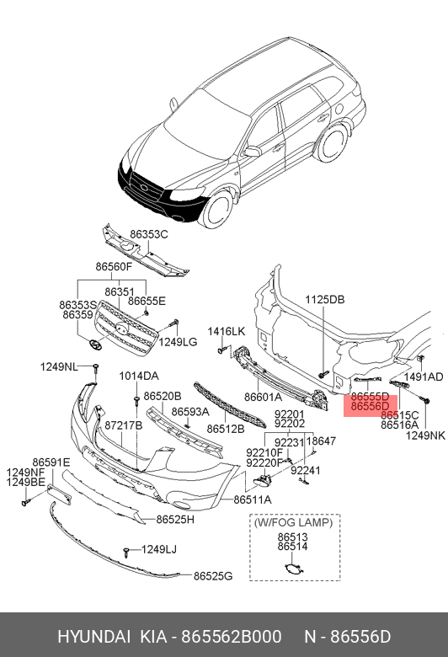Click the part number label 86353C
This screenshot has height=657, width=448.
click(149, 235)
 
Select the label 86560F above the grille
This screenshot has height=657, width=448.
click(114, 266)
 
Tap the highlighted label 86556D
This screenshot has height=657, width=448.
click(370, 406)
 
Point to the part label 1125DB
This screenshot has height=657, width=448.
click(325, 300)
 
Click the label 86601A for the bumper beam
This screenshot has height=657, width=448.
click(264, 397)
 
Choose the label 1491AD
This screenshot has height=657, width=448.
click(424, 377)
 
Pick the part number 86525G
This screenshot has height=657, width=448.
click(213, 576)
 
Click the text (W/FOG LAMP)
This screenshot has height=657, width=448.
click(293, 522)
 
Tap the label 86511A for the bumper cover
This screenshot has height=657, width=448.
click(253, 499)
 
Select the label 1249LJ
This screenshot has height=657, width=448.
click(159, 549)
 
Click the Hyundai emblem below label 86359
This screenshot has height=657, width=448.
click(96, 343)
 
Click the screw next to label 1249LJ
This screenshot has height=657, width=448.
click(126, 552)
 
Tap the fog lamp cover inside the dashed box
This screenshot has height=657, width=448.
click(293, 569)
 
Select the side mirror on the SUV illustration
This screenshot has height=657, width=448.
click(252, 152)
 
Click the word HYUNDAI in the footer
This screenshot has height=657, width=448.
click(93, 637)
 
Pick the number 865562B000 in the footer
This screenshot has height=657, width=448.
click(232, 637)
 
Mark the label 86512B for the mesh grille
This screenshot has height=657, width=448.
click(226, 429)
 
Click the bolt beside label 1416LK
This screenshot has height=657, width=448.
click(222, 350)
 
